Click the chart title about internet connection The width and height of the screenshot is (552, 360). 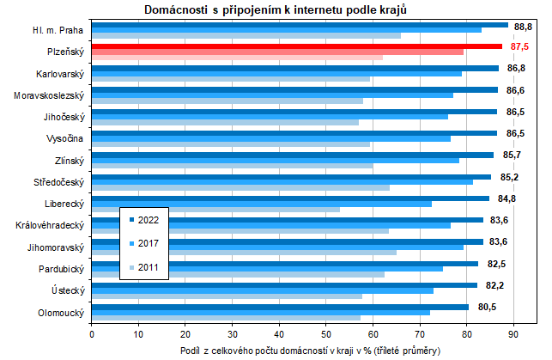click(275, 9)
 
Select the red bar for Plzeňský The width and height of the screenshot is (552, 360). click(296, 46)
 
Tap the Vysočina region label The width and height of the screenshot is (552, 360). click(64, 137)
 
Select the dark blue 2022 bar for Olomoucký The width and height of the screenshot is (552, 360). click(280, 307)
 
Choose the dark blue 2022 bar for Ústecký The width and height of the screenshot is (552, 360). click(283, 285)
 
